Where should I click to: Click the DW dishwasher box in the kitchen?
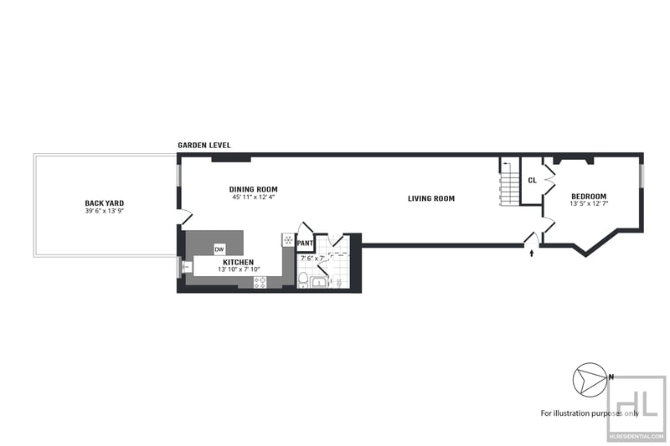point(219,249)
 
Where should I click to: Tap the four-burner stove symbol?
point(260,282)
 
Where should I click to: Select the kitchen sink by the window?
point(187,267)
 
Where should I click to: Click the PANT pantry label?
point(305,244)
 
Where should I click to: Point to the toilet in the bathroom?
point(303,279)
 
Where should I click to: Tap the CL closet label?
point(532,181)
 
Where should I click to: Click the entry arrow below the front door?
point(532,253)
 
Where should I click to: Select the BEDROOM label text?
point(589,197)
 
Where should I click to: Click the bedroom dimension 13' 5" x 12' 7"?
point(589,203)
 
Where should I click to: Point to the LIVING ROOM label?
point(431,198)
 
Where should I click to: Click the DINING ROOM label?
point(254,189)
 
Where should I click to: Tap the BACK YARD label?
point(104,203)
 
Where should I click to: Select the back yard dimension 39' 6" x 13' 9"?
point(104,211)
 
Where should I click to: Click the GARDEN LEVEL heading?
point(204,145)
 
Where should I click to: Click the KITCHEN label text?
point(239,262)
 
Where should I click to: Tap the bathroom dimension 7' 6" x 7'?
point(312,259)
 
